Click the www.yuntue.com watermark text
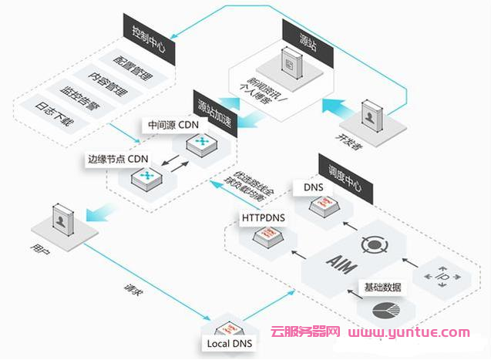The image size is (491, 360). click(409, 334)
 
